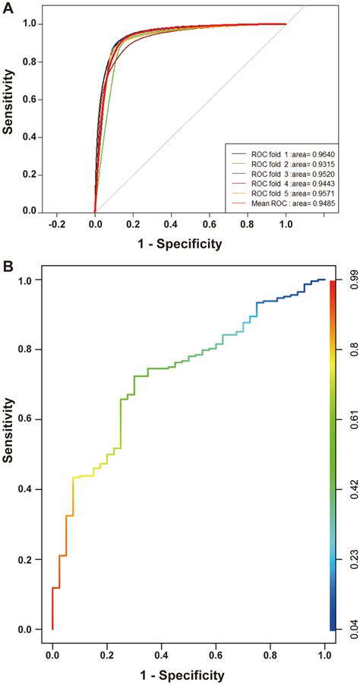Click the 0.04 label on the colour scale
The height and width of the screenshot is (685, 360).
coord(346,627)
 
